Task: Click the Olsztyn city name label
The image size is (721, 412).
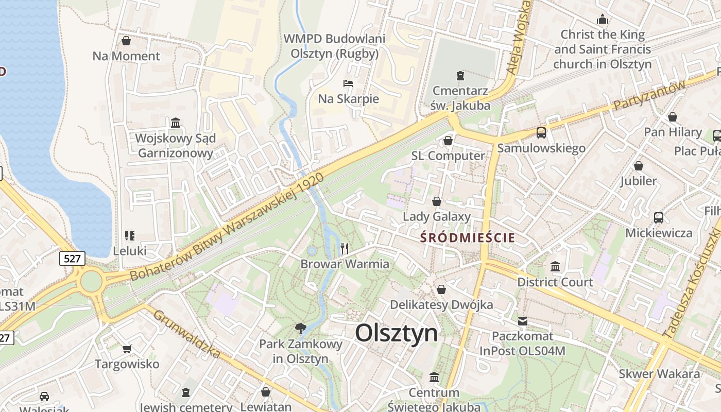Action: pos(397,333)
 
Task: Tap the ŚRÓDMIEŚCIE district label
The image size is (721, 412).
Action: pos(468,237)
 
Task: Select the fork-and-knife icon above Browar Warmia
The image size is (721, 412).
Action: pos(345,249)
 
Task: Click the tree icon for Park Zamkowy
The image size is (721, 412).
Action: pos(300,328)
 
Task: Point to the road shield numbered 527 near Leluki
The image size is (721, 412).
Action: pos(72,258)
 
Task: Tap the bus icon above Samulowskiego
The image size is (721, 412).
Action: pos(541,133)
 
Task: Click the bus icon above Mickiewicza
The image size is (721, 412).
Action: pos(659,217)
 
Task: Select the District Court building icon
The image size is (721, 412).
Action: pos(555,266)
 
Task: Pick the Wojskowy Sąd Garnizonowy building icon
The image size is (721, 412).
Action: pos(176,123)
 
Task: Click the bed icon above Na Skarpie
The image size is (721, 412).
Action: pos(349,83)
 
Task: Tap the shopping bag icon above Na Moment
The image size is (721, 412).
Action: pos(126,40)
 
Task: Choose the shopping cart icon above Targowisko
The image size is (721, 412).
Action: pos(127,349)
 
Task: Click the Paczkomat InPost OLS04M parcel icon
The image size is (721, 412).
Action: pos(523,321)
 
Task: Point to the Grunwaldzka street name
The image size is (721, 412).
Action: pos(187,334)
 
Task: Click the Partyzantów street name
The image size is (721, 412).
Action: pos(650,96)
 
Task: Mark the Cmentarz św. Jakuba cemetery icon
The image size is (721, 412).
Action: pos(460,76)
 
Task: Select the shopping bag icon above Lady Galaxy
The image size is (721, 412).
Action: pos(437,201)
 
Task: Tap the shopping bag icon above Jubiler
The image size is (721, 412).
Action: pos(639,166)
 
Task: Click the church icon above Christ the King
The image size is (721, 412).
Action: pos(603,20)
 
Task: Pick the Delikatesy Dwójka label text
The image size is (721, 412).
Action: pos(441,304)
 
